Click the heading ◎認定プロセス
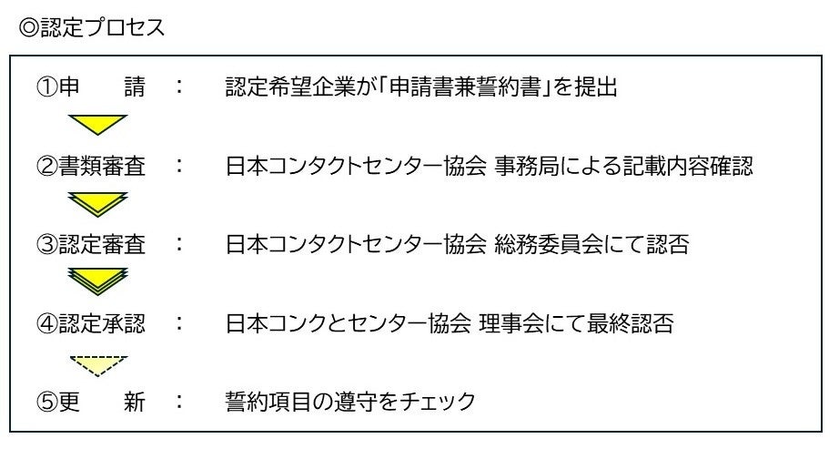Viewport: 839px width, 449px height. (x=92, y=27)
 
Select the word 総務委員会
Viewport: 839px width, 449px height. (x=546, y=245)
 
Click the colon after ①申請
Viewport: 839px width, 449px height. (x=179, y=87)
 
